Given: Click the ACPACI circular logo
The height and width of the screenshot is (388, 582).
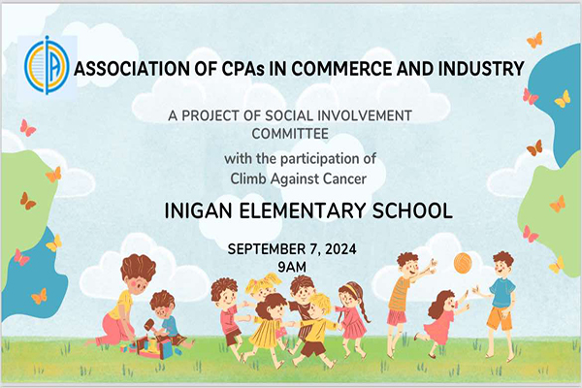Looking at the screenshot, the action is coord(47,65).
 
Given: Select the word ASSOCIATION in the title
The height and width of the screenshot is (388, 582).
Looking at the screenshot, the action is coord(132,69).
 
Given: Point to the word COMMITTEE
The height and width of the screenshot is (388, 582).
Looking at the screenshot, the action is coord(290,134).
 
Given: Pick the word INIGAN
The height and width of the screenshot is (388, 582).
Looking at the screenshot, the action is coord(198,210).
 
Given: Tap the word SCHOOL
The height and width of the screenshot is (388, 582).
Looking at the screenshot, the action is coord(412,210).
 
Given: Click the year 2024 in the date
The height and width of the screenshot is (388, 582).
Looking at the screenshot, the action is coord(340,248).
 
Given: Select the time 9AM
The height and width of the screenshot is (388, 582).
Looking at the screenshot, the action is coord(292,267).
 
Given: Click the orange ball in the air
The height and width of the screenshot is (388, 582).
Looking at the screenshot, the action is coord(463,262).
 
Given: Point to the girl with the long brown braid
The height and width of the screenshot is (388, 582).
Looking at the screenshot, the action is coord(353,311).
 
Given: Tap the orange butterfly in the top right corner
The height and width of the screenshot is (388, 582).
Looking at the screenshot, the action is coord(534,40).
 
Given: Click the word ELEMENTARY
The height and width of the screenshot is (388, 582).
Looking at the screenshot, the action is coord(302,210).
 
